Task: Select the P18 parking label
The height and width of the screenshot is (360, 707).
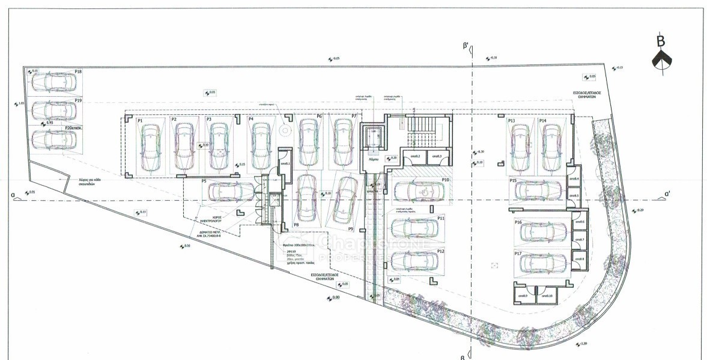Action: tap(78, 72)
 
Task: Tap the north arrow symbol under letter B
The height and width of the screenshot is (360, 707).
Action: tap(661, 61)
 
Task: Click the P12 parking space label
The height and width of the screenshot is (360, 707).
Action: tap(441, 251)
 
